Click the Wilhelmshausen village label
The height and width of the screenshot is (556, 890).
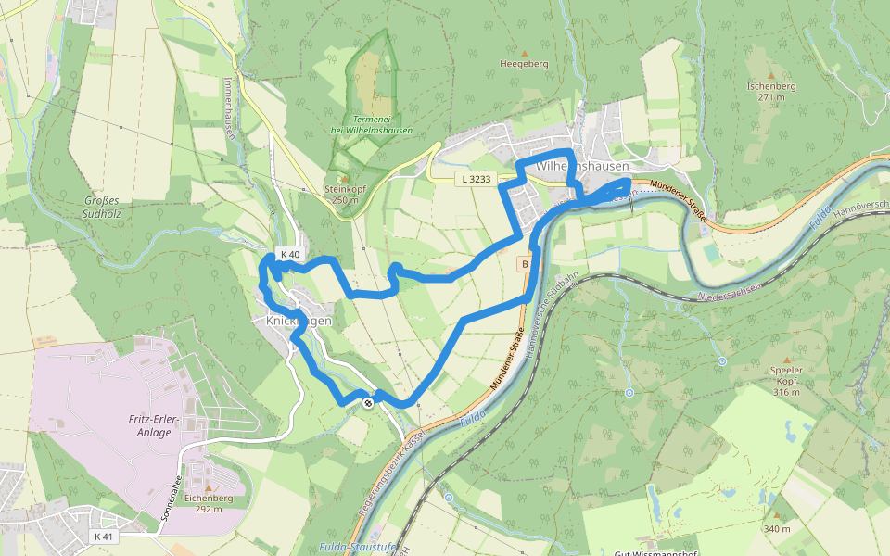[x=582, y=166]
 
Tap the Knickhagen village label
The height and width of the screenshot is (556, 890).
[x=299, y=321]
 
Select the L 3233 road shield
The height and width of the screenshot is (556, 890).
[x=475, y=179]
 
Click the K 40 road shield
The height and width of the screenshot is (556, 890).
[x=290, y=255]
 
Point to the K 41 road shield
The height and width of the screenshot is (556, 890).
[x=103, y=537]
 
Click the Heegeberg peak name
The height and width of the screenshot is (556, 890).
[x=524, y=64]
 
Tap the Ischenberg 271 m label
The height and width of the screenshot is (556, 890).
[x=770, y=91]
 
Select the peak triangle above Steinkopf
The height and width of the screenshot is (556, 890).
[x=344, y=179]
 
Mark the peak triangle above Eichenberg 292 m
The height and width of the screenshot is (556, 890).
[x=209, y=487]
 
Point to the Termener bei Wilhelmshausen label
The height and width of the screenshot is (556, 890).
[x=371, y=124]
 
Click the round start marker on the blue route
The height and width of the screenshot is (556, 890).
[x=369, y=402]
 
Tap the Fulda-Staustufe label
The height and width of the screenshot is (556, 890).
[x=356, y=548]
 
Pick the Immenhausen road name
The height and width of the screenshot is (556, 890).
[x=229, y=107]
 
